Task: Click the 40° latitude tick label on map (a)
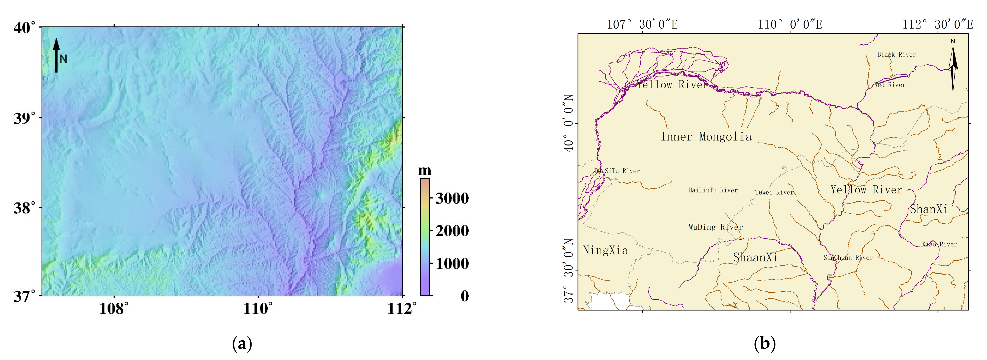tap(26, 28)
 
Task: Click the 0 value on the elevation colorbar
tap(464, 296)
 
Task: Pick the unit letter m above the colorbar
tap(425, 170)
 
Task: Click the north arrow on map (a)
tap(57, 55)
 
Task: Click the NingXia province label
tap(605, 251)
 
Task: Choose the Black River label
tap(897, 55)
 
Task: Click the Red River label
tap(890, 85)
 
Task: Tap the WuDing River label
tap(715, 227)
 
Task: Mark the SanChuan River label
tap(848, 258)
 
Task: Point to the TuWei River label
tap(774, 192)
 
